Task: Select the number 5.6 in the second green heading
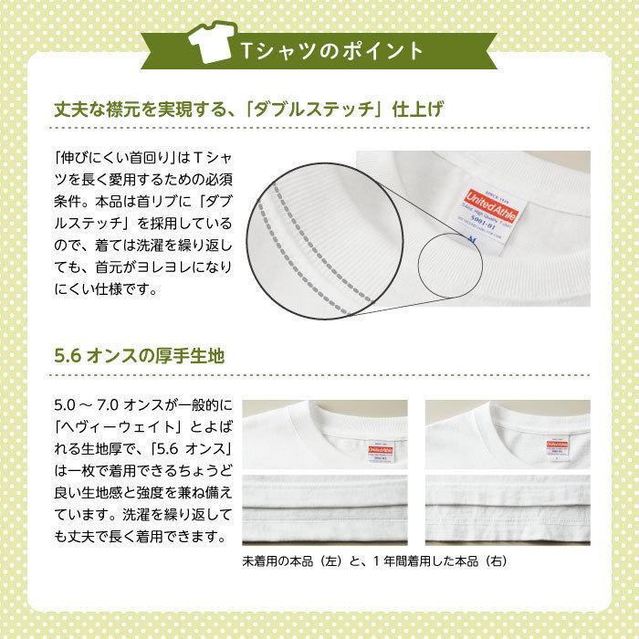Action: (68, 354)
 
